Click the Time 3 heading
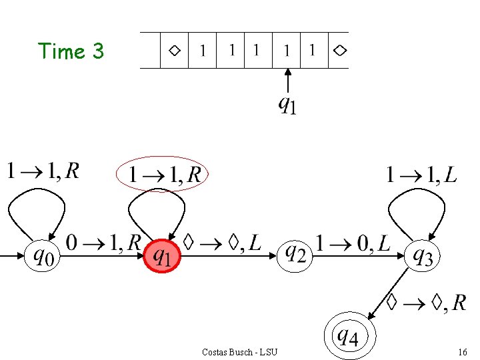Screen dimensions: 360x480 (71, 51)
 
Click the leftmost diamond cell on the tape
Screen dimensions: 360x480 (174, 50)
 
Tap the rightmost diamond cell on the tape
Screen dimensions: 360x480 (339, 50)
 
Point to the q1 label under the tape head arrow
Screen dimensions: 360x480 (287, 105)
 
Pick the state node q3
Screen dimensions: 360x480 (423, 255)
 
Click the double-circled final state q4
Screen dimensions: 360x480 (349, 336)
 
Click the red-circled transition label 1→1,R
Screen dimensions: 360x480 (164, 175)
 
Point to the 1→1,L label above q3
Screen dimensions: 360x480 (421, 175)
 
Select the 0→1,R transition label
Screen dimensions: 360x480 (103, 243)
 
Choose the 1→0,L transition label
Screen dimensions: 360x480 (353, 243)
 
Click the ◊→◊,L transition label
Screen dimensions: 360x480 (223, 243)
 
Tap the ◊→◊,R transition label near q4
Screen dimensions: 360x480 (427, 303)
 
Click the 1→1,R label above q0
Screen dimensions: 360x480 (43, 171)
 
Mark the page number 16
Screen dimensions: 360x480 (462, 351)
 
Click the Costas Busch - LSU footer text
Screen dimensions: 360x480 (239, 351)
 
